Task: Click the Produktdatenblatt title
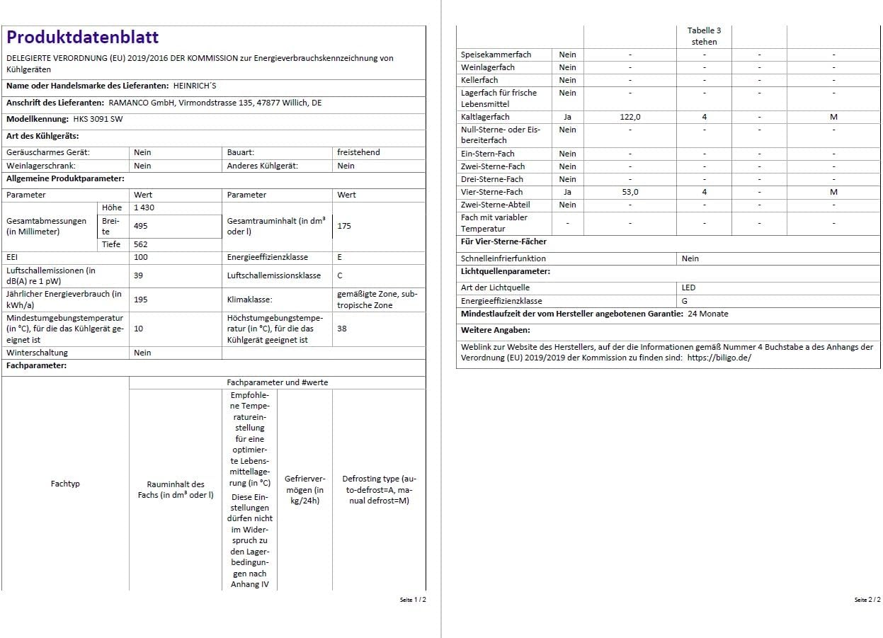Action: [x=83, y=38]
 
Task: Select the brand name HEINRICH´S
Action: [x=195, y=86]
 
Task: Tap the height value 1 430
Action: [x=144, y=207]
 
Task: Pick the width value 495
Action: [x=140, y=226]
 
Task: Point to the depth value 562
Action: [x=140, y=244]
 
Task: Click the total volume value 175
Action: [x=344, y=226]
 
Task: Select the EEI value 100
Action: [x=140, y=258]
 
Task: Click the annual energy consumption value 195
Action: [x=140, y=300]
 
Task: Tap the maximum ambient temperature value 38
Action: [x=342, y=329]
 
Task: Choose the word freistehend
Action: [x=358, y=152]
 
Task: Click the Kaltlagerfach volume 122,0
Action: [x=630, y=117]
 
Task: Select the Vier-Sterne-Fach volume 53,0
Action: [x=630, y=192]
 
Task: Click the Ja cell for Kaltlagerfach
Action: [x=567, y=117]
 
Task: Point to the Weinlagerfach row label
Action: [x=488, y=67]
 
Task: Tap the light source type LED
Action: [x=688, y=287]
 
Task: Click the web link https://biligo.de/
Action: [x=719, y=358]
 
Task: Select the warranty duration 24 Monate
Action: [x=707, y=314]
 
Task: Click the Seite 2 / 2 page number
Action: [x=867, y=600]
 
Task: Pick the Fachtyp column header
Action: [x=65, y=484]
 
